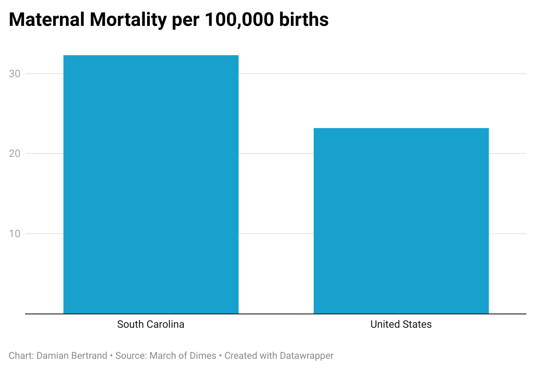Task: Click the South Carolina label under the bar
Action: tap(151, 324)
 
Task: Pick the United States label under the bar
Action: tap(401, 324)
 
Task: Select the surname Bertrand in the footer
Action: tap(90, 356)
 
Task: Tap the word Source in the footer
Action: tap(131, 356)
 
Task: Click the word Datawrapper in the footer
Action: tap(306, 356)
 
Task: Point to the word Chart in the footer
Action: tap(20, 356)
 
